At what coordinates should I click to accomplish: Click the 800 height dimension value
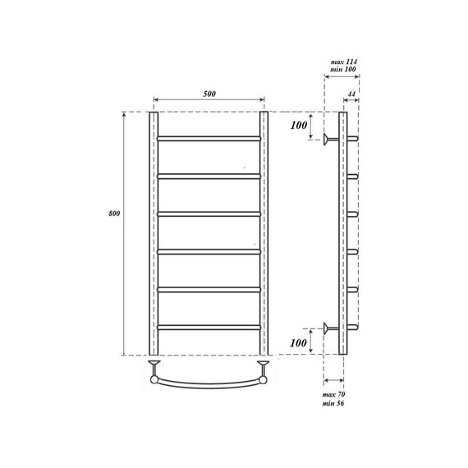point(114,215)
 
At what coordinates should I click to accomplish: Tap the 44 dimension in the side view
point(351,96)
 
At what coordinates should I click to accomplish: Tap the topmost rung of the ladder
point(209,137)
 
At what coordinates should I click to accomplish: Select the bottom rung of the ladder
point(209,326)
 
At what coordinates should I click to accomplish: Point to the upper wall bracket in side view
point(329,140)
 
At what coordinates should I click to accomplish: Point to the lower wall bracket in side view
point(329,328)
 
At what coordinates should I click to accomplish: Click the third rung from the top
point(209,213)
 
